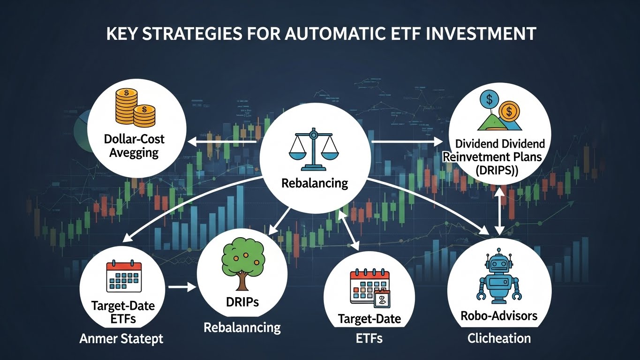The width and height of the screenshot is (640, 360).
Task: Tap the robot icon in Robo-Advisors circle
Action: (498, 282)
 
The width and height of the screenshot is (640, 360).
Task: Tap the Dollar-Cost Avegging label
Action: (134, 146)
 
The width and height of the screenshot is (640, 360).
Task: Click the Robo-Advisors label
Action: (499, 315)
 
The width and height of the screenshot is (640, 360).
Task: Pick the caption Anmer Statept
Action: (122, 338)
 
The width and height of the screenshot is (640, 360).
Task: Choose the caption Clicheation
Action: (499, 338)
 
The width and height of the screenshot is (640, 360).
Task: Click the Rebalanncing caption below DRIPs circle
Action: (242, 327)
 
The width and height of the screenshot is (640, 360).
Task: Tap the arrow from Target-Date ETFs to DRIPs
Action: (182, 286)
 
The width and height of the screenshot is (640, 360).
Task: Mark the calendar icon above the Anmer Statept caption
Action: (124, 277)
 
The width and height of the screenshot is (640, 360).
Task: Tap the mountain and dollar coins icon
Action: (498, 112)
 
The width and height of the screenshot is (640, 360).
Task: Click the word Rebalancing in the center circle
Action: (315, 182)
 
